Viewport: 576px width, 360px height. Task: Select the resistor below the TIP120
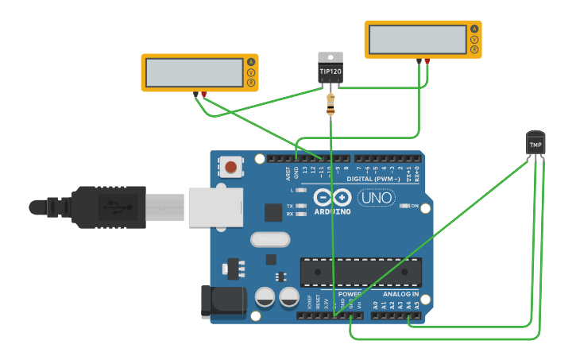(331, 104)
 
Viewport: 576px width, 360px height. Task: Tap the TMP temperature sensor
(536, 144)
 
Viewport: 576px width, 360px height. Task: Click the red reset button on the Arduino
(230, 167)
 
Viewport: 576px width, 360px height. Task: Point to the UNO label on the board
(377, 198)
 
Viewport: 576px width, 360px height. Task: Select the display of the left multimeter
(194, 73)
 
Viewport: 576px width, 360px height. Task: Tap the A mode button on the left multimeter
(251, 62)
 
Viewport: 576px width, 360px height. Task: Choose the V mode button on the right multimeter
(474, 40)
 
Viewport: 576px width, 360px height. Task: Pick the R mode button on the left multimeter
(251, 83)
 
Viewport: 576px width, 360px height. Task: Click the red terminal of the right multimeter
(427, 60)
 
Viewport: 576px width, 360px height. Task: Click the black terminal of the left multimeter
(195, 94)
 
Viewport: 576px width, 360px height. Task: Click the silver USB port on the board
(215, 207)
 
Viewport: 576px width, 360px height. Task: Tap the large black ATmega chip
(361, 271)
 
